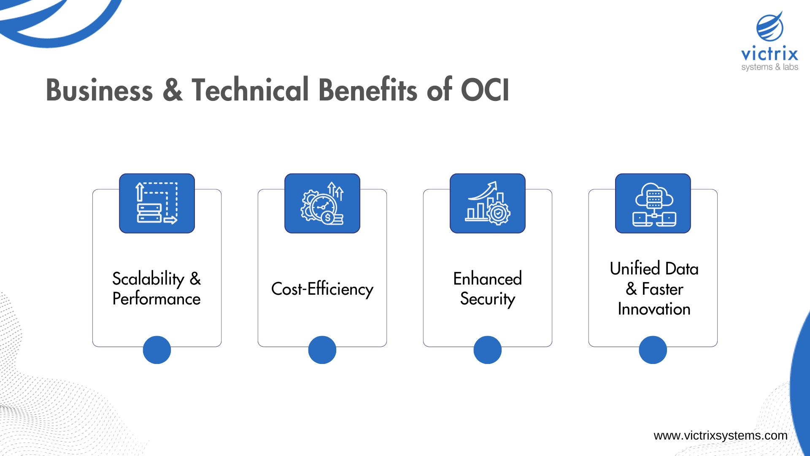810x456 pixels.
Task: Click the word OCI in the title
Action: [485, 90]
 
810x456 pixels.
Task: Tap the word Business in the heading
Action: [99, 90]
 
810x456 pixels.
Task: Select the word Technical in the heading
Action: [250, 90]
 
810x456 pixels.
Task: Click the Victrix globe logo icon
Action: [770, 27]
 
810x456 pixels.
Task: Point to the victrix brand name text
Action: [769, 54]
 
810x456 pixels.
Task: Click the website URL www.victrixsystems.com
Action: [720, 436]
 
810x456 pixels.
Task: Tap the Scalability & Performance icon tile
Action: [157, 203]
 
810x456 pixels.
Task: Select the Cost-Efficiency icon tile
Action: [322, 203]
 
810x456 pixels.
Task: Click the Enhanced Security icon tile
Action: [488, 203]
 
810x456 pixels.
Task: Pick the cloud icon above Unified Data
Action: [653, 203]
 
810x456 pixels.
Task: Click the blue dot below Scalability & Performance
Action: [157, 350]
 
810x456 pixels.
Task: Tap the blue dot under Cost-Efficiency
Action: [322, 350]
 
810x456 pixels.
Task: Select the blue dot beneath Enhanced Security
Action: [488, 350]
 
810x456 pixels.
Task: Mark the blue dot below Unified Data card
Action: [653, 350]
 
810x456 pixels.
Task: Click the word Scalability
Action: [148, 279]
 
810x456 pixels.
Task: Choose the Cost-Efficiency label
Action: [322, 289]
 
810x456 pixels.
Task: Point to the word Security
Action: [488, 299]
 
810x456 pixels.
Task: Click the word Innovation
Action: [654, 309]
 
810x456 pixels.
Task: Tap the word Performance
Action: [157, 299]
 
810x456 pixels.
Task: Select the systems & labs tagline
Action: [769, 67]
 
